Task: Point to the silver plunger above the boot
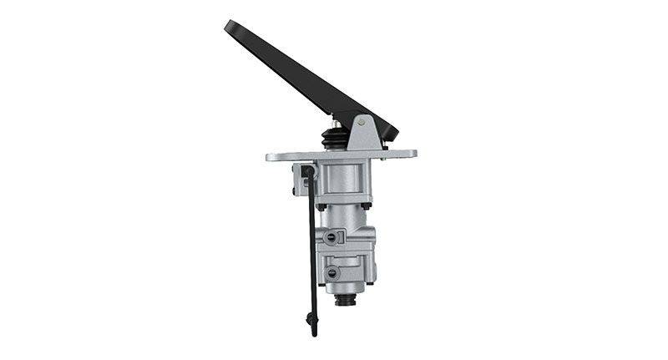click(x=337, y=122)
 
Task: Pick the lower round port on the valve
click(x=331, y=273)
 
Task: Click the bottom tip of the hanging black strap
click(x=314, y=332)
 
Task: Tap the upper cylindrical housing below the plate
click(x=343, y=180)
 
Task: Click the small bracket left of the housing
click(x=298, y=177)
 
